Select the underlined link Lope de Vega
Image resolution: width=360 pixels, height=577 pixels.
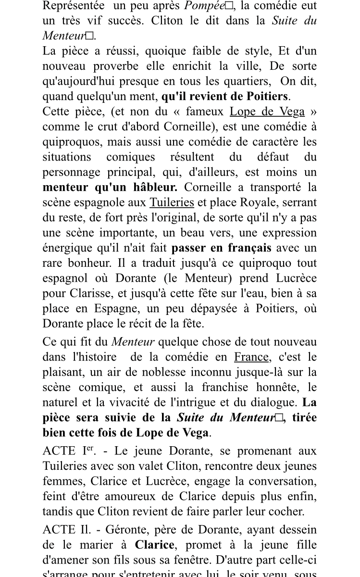[x=267, y=112]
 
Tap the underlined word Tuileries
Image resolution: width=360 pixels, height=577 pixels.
[x=172, y=202]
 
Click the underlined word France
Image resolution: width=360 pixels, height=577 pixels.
[x=251, y=357]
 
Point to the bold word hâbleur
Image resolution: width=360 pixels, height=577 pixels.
[x=153, y=187]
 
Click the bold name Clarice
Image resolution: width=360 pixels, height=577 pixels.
[x=154, y=545]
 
